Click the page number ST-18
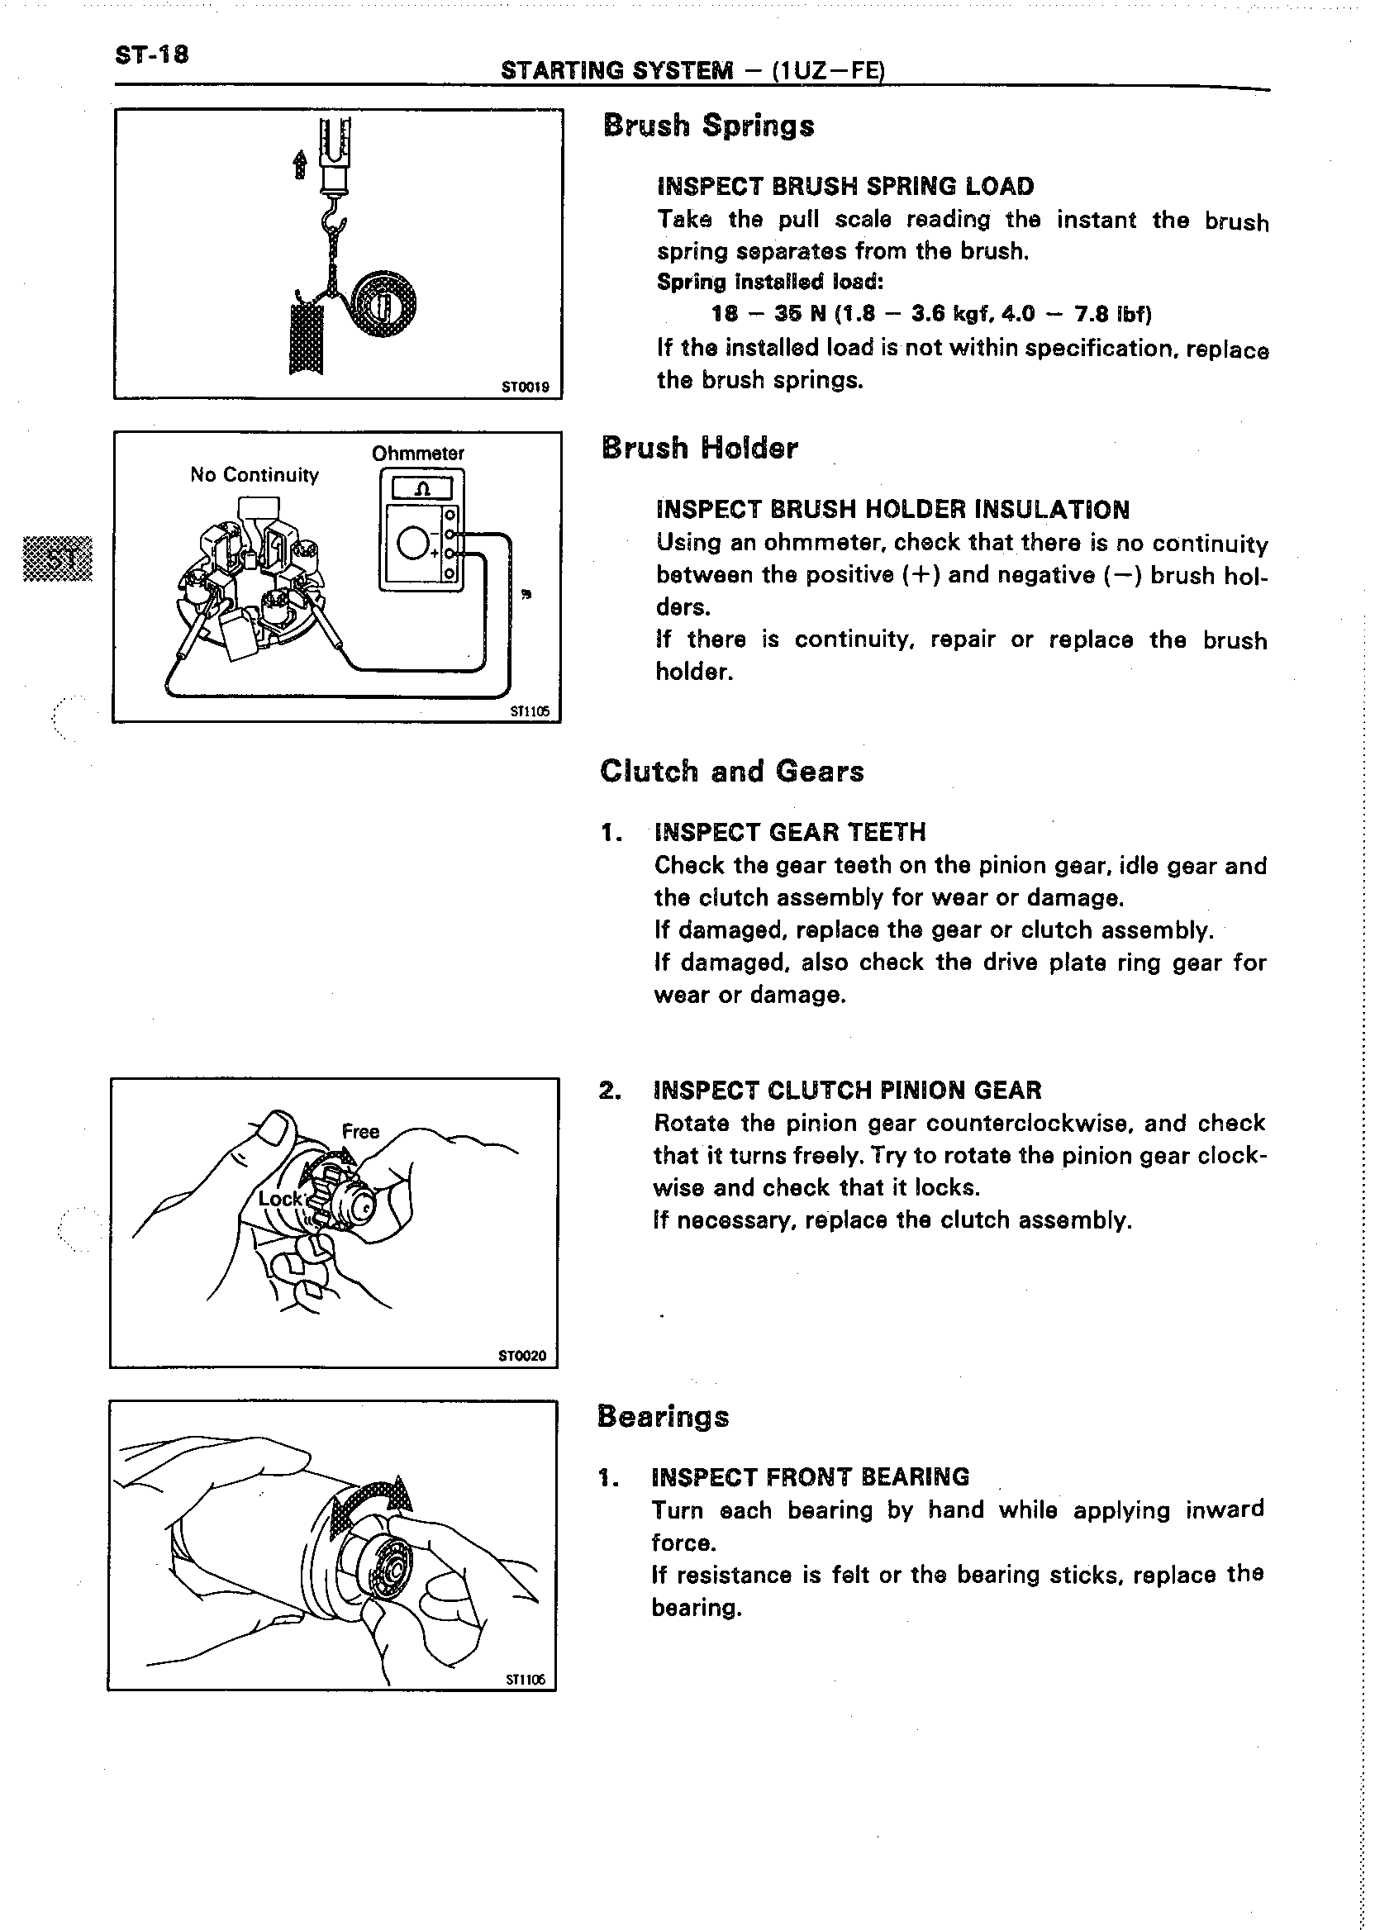click(151, 56)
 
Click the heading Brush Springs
click(708, 126)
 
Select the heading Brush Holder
click(699, 448)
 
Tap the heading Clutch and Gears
click(731, 771)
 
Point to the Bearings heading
click(662, 1415)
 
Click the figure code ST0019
click(525, 387)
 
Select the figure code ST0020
click(522, 1356)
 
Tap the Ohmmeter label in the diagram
click(417, 454)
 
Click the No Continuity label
click(254, 475)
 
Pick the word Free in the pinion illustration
click(359, 1131)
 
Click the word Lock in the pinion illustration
click(280, 1199)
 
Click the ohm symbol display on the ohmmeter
click(421, 488)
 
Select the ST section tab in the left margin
click(57, 558)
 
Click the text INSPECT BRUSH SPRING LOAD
click(845, 186)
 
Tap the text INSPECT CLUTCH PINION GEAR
click(847, 1090)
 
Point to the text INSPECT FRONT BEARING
click(810, 1477)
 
